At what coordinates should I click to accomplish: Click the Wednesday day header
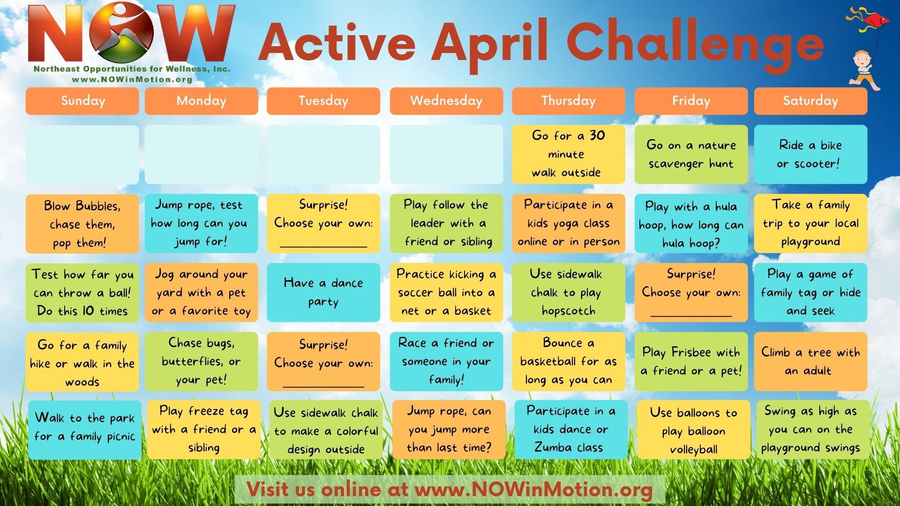(446, 101)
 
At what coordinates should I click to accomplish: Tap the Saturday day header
(810, 101)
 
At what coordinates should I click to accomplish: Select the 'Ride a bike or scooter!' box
(810, 154)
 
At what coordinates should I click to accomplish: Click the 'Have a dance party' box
(323, 292)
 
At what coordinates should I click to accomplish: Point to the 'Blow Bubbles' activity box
(82, 223)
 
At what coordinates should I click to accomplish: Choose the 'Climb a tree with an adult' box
(810, 361)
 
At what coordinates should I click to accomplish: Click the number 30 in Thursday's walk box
(597, 135)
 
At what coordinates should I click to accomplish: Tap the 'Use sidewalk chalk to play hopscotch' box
(569, 292)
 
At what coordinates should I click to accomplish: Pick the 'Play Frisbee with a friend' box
(691, 361)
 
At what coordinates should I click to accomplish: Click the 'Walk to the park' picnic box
(85, 430)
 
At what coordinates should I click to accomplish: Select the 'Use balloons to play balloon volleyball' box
(694, 430)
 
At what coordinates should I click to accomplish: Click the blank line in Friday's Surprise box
(691, 315)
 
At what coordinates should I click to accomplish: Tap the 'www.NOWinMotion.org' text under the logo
(132, 79)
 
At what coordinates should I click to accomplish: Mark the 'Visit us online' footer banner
(450, 490)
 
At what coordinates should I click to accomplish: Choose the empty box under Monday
(202, 154)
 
